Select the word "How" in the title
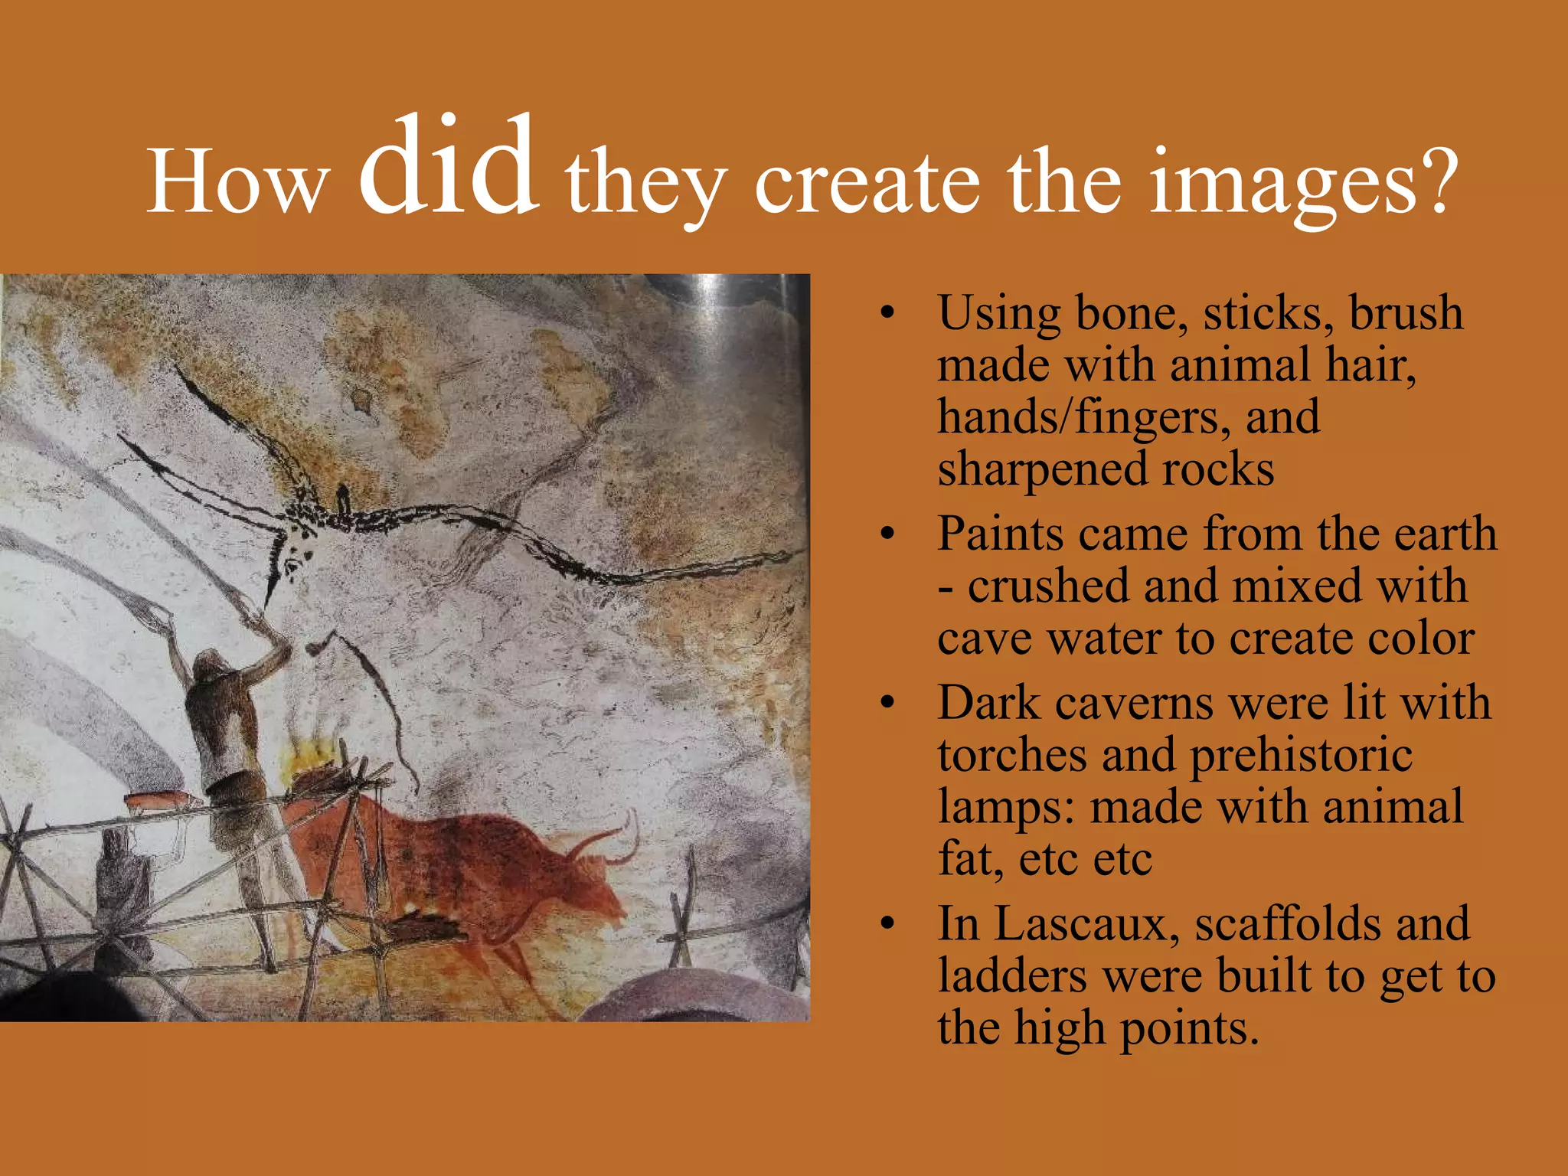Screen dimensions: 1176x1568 [237, 184]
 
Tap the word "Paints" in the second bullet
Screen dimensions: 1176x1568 [1000, 534]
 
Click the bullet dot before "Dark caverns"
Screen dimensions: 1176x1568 [887, 703]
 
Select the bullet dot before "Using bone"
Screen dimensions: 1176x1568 [887, 313]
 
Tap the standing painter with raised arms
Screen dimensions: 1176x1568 [226, 735]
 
